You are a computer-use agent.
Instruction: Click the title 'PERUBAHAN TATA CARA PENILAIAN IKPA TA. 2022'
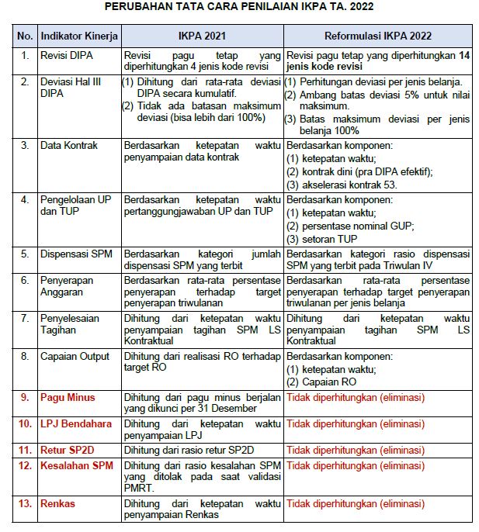239,8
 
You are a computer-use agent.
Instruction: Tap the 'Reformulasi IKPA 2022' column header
377,36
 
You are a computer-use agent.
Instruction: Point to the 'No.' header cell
25,36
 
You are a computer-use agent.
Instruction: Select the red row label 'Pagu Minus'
68,398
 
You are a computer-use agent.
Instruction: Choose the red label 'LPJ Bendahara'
76,423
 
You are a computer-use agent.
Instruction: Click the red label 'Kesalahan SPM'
77,465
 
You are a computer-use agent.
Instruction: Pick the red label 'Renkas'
58,503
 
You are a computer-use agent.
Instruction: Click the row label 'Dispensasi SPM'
77,253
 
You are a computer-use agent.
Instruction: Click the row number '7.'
25,318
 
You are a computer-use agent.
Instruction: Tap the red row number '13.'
25,503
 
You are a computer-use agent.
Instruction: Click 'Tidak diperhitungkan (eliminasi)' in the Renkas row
356,503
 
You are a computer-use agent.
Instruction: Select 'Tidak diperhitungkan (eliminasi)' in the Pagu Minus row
356,398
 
